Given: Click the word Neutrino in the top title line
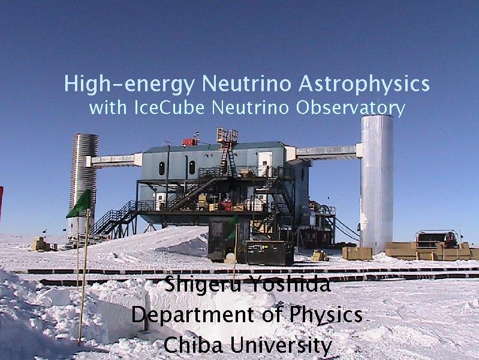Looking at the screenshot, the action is (246, 83).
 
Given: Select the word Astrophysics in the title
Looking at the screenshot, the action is (364, 84).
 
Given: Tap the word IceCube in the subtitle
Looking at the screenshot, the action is (169, 107).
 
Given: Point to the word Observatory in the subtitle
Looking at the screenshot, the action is (350, 109).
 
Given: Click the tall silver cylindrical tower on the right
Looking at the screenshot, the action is (376, 184).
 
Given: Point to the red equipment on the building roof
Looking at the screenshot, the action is (189, 142).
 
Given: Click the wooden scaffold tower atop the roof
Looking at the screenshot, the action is (227, 136).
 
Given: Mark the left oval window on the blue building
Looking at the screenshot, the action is (162, 169).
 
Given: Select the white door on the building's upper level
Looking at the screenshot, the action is (265, 164).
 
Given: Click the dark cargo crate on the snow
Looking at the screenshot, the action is (269, 253).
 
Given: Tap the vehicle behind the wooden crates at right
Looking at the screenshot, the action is (438, 239).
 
